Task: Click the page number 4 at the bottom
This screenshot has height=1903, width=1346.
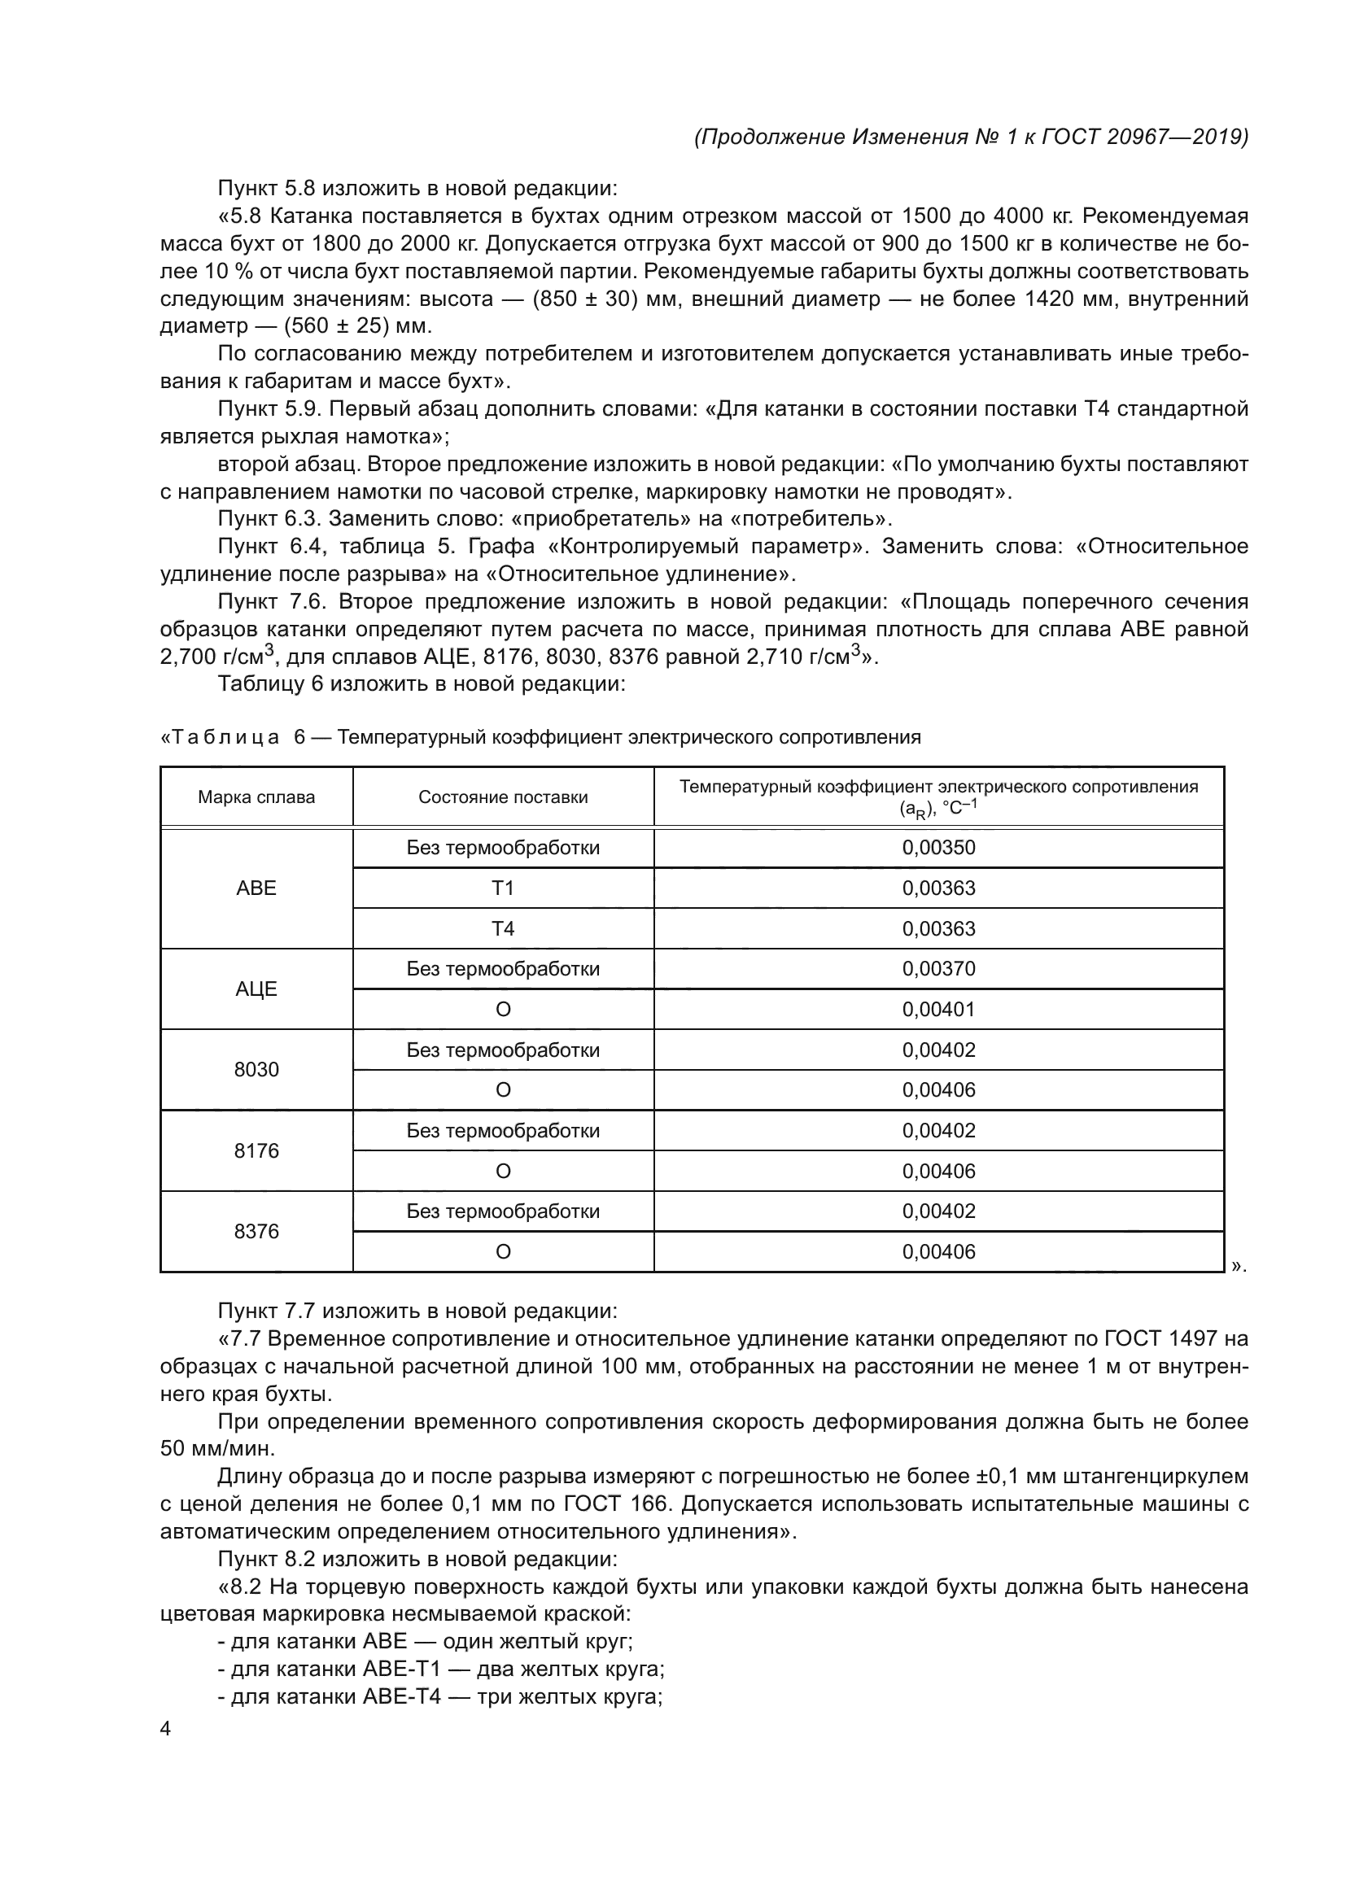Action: click(165, 1729)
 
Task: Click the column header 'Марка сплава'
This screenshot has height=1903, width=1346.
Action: click(256, 797)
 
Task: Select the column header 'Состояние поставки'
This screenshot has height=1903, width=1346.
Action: click(503, 797)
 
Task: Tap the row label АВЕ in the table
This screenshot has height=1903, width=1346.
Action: click(256, 888)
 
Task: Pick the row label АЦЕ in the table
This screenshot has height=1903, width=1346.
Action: click(256, 989)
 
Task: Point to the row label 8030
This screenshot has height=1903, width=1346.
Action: click(256, 1070)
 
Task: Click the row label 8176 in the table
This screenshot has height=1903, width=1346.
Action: click(256, 1151)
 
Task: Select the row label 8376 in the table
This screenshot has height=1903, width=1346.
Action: click(256, 1232)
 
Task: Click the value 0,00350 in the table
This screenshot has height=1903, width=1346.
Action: click(939, 848)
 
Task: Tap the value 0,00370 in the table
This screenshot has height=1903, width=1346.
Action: click(939, 969)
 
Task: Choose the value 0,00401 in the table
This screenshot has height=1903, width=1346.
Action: click(939, 1010)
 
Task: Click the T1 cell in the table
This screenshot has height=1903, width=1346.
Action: click(503, 888)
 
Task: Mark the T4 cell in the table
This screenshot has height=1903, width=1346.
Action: click(503, 929)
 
